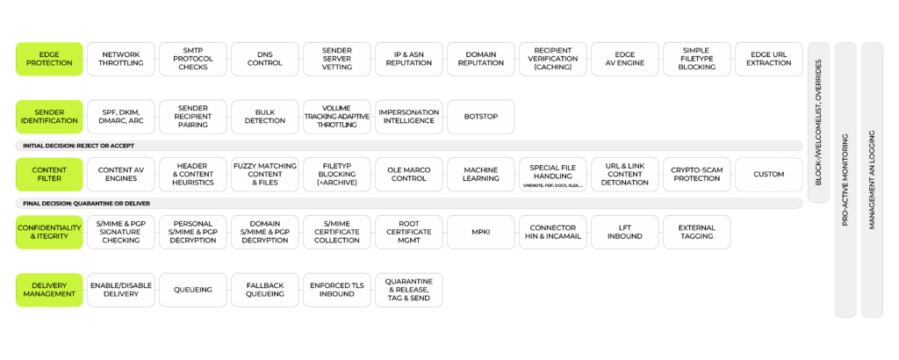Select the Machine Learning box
480,174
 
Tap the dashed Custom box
769,174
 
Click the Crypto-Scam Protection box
697,174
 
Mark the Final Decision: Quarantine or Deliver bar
409,204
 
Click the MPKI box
480,232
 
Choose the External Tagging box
697,232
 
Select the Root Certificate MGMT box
408,232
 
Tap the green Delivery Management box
50,290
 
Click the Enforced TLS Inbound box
337,290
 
